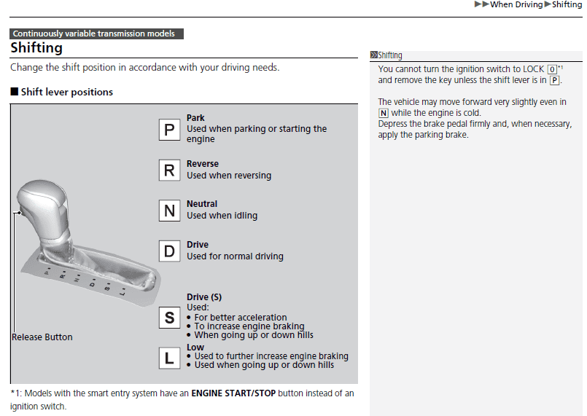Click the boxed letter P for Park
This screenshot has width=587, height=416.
click(x=169, y=130)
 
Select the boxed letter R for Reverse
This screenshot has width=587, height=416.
click(x=169, y=170)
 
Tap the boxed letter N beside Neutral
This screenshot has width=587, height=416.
click(x=169, y=211)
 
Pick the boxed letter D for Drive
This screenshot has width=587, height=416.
click(x=169, y=251)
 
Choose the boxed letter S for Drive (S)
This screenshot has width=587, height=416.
click(x=169, y=318)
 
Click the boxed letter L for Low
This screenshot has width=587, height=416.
click(x=169, y=358)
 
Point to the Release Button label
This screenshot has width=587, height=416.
click(x=42, y=337)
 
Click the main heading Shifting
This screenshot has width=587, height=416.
click(x=36, y=48)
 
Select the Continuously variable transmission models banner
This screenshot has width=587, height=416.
click(x=96, y=34)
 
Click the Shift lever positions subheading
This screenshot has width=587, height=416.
click(x=66, y=92)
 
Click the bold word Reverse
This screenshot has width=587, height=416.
click(x=202, y=164)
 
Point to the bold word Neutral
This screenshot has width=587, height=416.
click(x=202, y=204)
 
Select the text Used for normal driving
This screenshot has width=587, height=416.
click(x=235, y=256)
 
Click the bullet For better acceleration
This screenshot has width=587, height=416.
click(x=240, y=318)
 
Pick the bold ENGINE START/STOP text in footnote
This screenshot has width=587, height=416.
click(x=233, y=393)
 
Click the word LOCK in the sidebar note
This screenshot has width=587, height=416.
click(x=533, y=69)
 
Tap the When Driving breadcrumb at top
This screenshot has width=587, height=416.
click(x=516, y=4)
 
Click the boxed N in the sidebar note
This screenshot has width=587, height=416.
click(x=384, y=113)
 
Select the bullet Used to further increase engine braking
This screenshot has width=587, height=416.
click(x=271, y=356)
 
